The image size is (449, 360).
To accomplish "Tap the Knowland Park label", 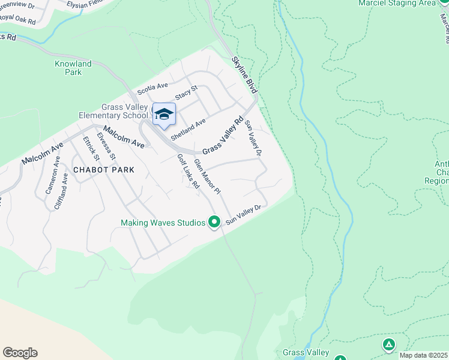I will tap(73, 68).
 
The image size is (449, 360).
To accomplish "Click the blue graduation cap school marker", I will tap(164, 114).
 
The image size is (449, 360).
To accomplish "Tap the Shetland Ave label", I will tap(188, 128).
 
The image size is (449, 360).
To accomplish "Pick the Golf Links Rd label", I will tap(188, 172).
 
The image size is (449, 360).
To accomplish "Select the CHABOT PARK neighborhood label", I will tap(103, 170).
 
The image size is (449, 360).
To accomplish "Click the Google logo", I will tap(20, 352).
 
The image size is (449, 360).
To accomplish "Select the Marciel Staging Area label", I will tap(396, 3).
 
